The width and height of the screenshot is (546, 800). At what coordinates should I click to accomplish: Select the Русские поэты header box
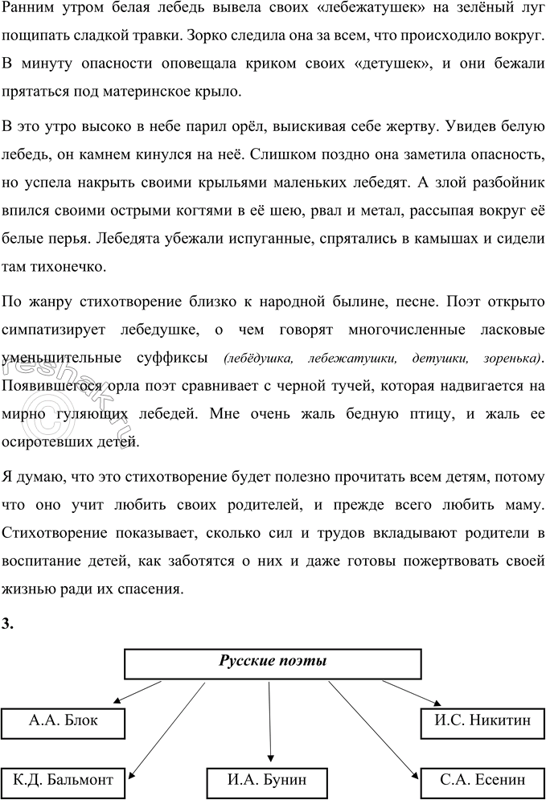(273, 663)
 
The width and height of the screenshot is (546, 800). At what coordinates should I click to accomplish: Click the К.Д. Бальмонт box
(64, 781)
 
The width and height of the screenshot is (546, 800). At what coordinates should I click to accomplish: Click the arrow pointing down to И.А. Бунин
(270, 724)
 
